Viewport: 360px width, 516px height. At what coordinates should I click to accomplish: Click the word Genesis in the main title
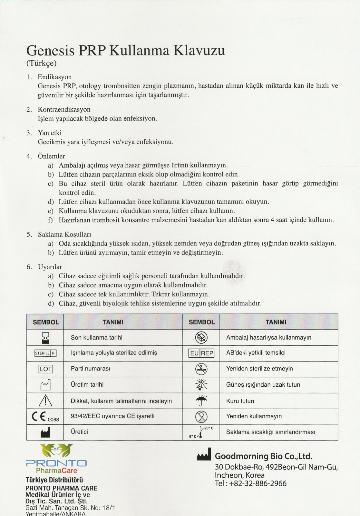(50, 51)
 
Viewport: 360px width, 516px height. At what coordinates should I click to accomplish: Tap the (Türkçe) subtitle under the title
(42, 63)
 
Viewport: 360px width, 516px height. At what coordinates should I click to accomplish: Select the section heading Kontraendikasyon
(64, 109)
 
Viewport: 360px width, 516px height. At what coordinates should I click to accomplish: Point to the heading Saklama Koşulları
(64, 234)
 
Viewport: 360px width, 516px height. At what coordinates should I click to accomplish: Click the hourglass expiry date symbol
(45, 338)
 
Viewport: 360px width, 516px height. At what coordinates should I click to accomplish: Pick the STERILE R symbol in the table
(45, 353)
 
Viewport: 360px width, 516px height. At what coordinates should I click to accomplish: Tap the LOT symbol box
(45, 369)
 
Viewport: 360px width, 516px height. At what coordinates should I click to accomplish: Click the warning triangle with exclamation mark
(45, 401)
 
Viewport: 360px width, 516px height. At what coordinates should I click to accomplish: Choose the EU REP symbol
(201, 353)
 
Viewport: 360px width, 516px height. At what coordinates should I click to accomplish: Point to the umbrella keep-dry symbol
(201, 401)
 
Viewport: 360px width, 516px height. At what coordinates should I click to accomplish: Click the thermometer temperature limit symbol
(201, 432)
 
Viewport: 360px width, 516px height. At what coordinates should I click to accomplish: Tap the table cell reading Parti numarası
(91, 369)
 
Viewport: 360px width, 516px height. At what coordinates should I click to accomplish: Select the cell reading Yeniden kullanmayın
(254, 416)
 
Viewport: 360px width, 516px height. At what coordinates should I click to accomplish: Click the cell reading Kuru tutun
(240, 401)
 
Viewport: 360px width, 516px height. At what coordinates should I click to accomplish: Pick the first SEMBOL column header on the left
(46, 322)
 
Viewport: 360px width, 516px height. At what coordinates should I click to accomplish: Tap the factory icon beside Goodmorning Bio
(204, 454)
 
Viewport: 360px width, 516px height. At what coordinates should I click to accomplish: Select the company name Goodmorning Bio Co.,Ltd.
(264, 456)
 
